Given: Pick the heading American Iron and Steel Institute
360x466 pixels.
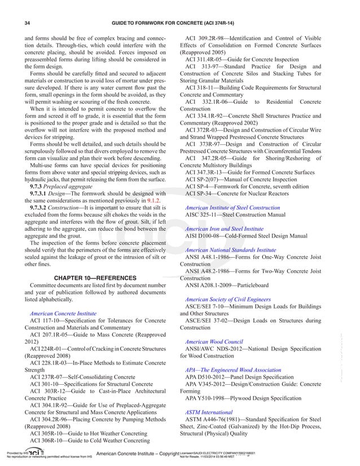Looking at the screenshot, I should point(224,230).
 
